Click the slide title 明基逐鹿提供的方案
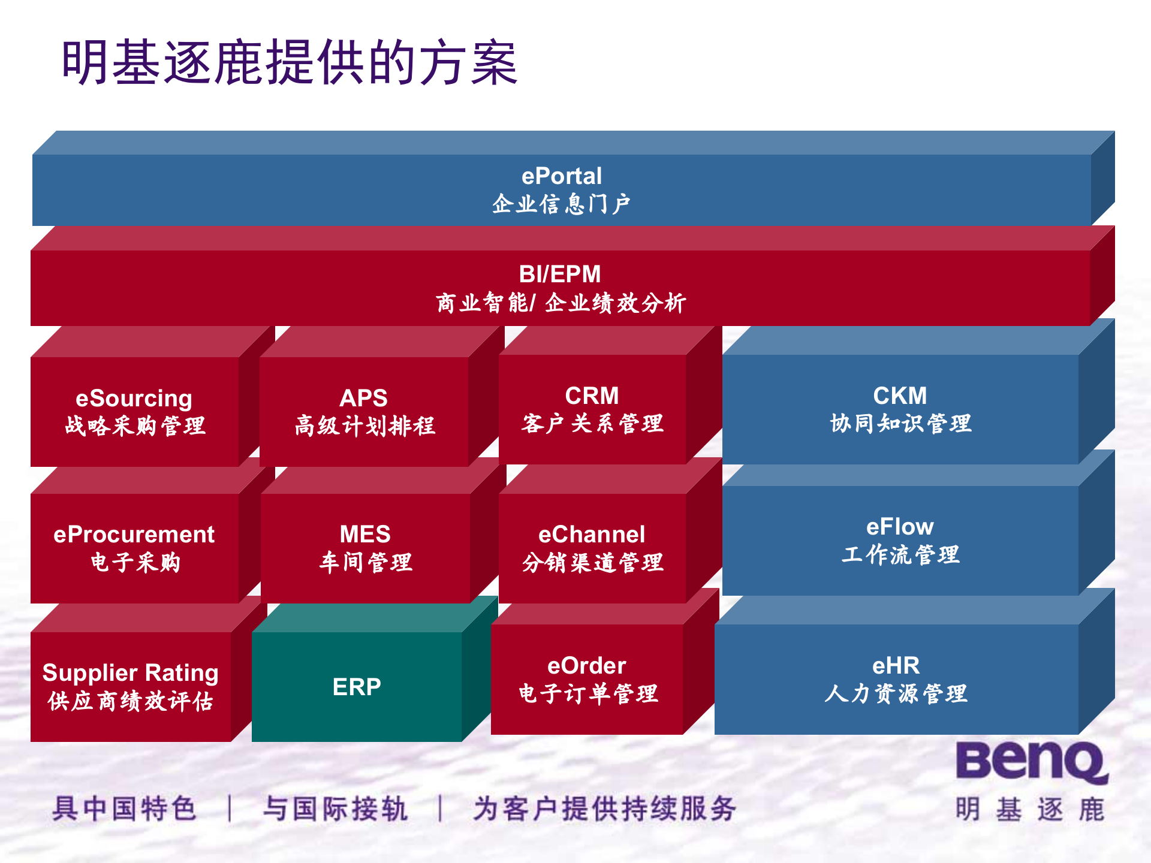click(290, 62)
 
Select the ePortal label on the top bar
click(561, 176)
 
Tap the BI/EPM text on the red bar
click(559, 274)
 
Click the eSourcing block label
click(134, 399)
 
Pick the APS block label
click(363, 398)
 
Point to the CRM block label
click(592, 396)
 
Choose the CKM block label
click(900, 396)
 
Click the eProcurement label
click(134, 535)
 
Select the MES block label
click(364, 534)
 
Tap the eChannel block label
click(592, 535)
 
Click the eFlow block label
click(900, 527)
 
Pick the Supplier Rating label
click(130, 672)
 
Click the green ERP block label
click(357, 687)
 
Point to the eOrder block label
click(586, 666)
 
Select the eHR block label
click(896, 666)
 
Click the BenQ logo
click(1031, 762)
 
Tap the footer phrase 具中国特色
click(124, 808)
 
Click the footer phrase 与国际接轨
click(336, 808)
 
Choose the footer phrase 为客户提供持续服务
click(604, 808)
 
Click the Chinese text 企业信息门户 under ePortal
click(561, 204)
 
